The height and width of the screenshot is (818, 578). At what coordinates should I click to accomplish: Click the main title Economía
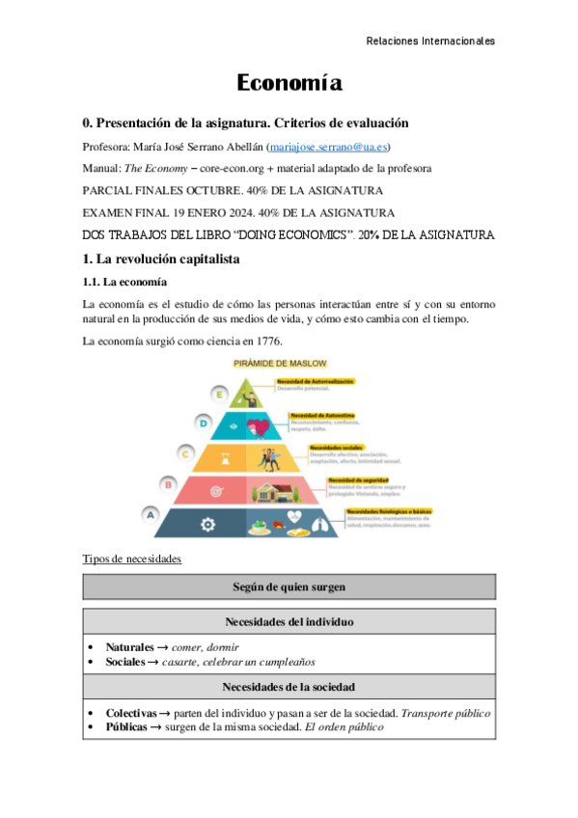click(x=289, y=84)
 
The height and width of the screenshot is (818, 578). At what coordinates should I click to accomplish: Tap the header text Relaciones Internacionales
click(x=431, y=41)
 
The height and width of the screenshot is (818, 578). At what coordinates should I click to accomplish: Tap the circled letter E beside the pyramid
click(x=220, y=394)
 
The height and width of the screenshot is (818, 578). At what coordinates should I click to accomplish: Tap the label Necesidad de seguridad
click(x=359, y=480)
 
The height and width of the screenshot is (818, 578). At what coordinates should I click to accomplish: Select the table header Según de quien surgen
click(x=289, y=586)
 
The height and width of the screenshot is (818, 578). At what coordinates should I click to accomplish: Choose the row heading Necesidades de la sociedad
click(x=289, y=687)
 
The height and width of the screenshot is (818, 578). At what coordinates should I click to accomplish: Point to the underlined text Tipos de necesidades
click(x=131, y=559)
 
